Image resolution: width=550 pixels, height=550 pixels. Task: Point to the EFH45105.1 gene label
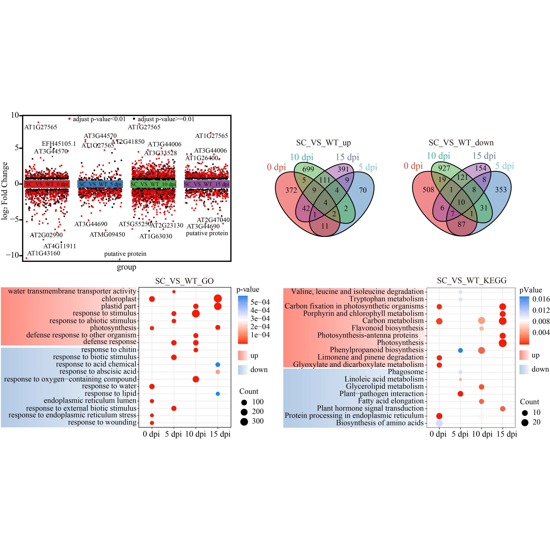click(59, 144)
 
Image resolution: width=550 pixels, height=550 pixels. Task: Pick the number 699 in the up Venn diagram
click(308, 169)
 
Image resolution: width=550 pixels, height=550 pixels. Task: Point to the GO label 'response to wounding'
click(102, 422)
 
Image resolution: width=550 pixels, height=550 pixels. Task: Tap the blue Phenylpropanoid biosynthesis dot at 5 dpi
click(460, 350)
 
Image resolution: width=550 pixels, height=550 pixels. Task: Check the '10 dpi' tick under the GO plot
click(196, 434)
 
